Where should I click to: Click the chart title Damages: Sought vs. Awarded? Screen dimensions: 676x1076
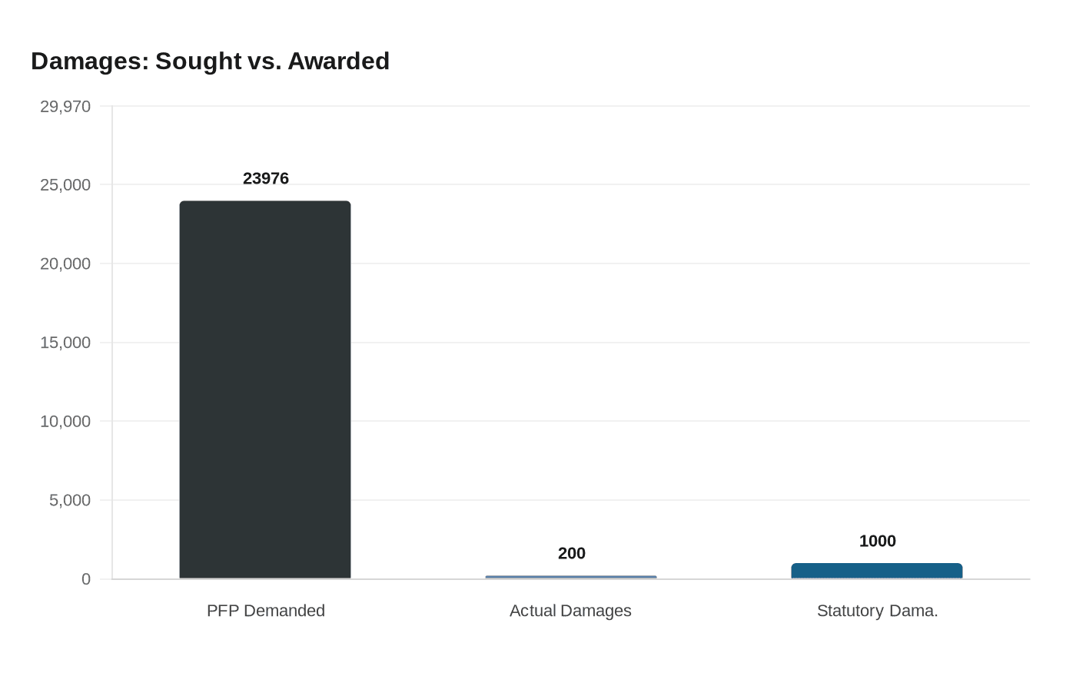[x=210, y=61]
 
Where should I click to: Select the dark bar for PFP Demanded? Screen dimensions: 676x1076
[x=265, y=389]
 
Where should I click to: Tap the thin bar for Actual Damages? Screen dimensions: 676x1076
[x=571, y=577]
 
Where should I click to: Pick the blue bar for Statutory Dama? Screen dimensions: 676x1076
[x=877, y=571]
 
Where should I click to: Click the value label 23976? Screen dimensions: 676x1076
[x=266, y=178]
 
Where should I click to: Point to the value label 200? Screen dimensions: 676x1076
[x=572, y=553]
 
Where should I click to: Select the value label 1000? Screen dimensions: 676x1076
[x=878, y=541]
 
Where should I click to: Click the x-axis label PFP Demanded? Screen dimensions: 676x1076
[x=266, y=611]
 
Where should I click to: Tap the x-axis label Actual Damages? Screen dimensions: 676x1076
[x=570, y=611]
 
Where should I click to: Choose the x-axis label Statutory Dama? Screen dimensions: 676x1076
[x=878, y=611]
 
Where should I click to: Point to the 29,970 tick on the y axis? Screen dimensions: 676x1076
[x=65, y=107]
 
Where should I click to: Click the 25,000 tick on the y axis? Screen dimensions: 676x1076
[x=65, y=185]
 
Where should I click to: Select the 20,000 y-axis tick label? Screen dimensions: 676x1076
[x=65, y=264]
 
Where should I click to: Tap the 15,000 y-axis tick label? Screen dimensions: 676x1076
[x=65, y=343]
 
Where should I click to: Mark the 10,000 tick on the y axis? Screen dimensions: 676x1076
[x=65, y=422]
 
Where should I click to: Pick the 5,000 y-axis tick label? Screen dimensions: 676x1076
[x=70, y=501]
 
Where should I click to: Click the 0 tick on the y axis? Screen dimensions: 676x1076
[x=86, y=579]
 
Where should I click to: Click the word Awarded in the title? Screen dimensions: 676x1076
[x=338, y=61]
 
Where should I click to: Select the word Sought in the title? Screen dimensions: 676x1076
[x=198, y=61]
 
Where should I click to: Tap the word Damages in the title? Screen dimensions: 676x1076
[x=90, y=61]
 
